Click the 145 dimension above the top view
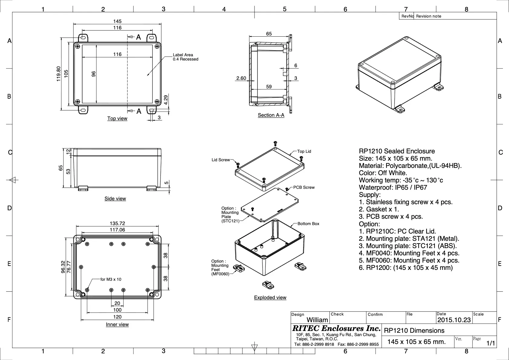coord(117,21)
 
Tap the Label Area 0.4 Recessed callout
coord(185,57)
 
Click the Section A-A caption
coord(271,115)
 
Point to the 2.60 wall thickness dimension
coord(241,78)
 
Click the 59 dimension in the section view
coord(269,87)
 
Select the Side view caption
coord(115,198)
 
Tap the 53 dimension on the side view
coord(68,171)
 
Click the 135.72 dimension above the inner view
coord(117,224)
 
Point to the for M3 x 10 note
coord(111,279)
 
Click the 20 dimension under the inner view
coord(117,303)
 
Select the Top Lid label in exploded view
coord(304,151)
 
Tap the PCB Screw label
coord(304,187)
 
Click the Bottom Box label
coord(308,224)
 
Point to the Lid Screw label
coord(221,160)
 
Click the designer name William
coord(317,320)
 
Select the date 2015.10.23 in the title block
coord(454,320)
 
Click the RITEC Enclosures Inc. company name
coord(336,328)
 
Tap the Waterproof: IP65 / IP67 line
coord(393,187)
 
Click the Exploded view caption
coord(270,297)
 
